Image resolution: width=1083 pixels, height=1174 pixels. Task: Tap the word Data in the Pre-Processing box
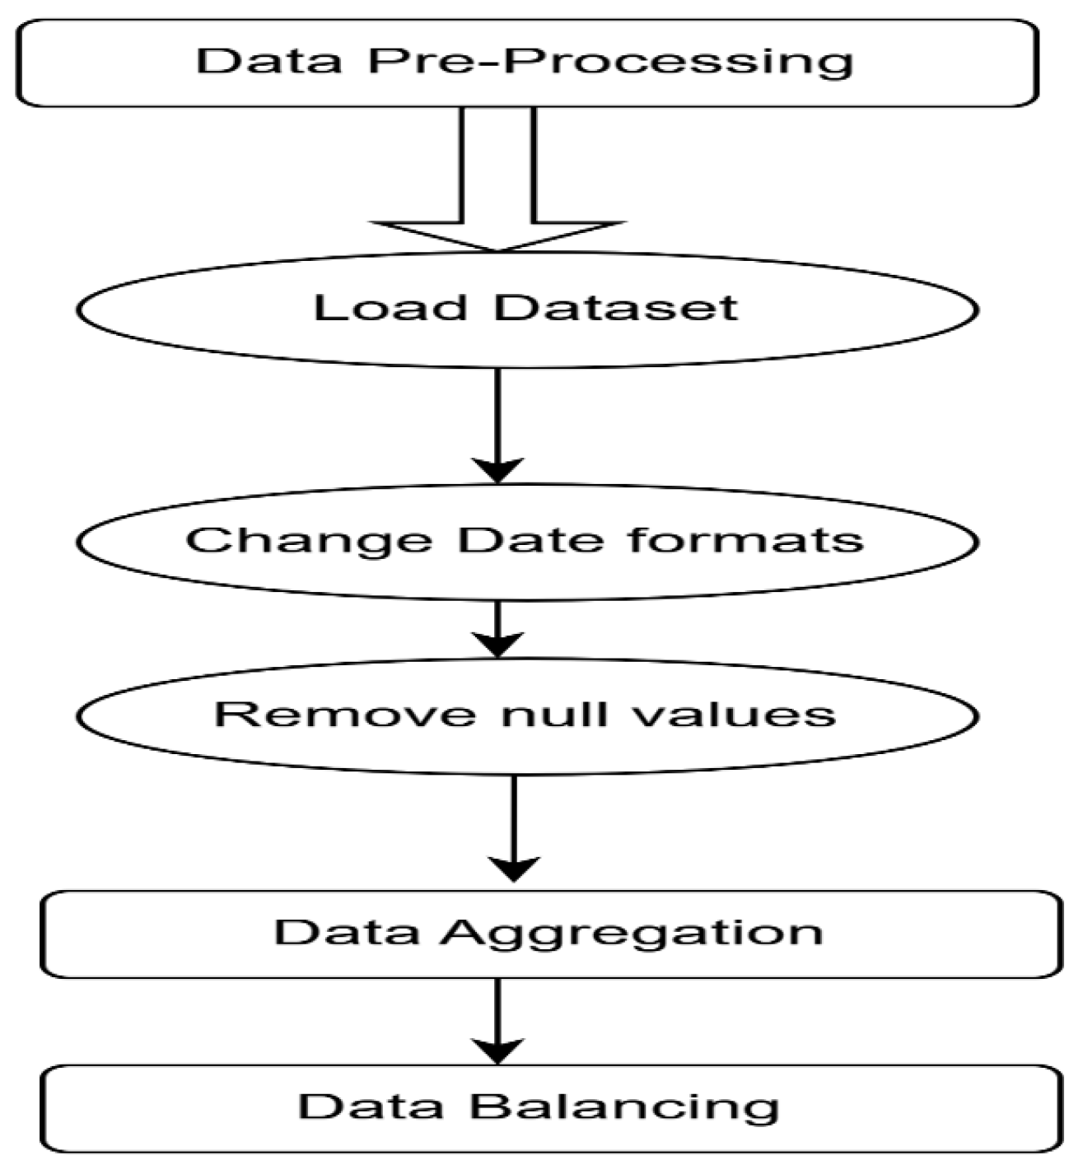tap(268, 62)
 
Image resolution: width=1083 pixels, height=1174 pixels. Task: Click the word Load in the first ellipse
tap(390, 308)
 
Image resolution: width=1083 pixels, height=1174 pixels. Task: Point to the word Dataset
tap(615, 308)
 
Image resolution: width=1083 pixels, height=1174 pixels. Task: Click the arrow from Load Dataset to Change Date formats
tap(497, 424)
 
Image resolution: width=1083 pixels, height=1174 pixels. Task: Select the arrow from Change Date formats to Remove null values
tap(497, 629)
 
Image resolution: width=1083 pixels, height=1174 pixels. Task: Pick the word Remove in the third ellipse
tap(345, 713)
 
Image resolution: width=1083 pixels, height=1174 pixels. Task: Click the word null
tap(551, 713)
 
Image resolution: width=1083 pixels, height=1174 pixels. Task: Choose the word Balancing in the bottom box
tap(623, 1107)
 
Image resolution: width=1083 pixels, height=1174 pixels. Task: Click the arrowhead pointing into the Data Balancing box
tap(497, 1051)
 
